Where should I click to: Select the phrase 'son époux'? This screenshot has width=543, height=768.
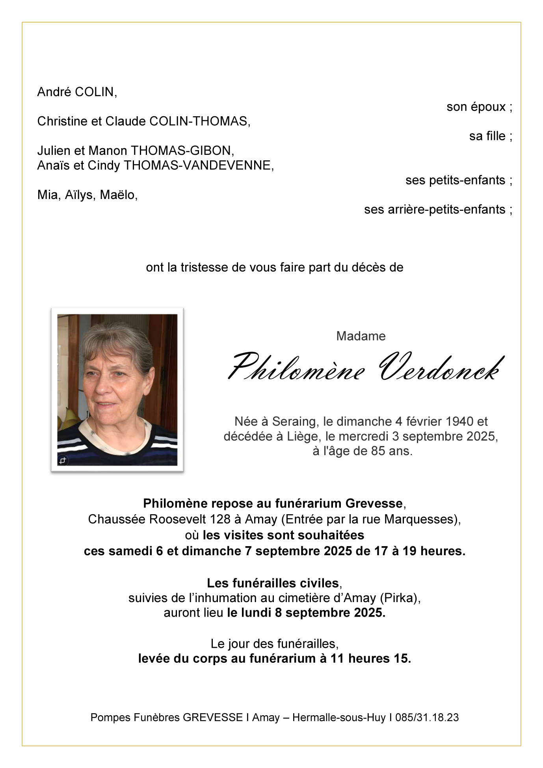pyautogui.click(x=476, y=107)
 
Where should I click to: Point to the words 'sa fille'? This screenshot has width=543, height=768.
pyautogui.click(x=487, y=136)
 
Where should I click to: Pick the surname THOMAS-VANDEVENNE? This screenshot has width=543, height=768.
pyautogui.click(x=198, y=166)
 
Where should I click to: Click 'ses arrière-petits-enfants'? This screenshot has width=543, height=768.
pyautogui.click(x=434, y=210)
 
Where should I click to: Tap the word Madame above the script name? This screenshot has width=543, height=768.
pyautogui.click(x=361, y=336)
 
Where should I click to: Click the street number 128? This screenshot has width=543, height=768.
pyautogui.click(x=220, y=519)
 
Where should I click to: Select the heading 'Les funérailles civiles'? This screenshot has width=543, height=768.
pyautogui.click(x=273, y=583)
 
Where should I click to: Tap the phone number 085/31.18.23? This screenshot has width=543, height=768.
pyautogui.click(x=427, y=718)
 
